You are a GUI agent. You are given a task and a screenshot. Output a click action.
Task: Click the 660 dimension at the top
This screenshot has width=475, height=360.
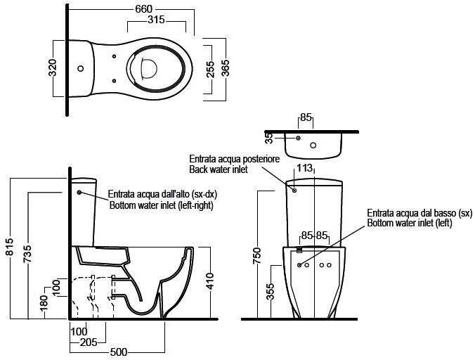click(x=143, y=9)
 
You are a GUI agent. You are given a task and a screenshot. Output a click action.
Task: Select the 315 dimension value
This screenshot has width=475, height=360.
click(x=156, y=20)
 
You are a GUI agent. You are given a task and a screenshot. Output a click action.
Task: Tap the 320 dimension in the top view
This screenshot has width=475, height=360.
click(x=53, y=67)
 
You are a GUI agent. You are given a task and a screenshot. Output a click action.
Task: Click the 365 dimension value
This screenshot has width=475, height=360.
click(x=225, y=68)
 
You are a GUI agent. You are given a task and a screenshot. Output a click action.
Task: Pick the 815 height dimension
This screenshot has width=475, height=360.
click(x=10, y=246)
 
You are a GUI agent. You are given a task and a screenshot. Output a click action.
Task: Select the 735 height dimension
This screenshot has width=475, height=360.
click(x=27, y=254)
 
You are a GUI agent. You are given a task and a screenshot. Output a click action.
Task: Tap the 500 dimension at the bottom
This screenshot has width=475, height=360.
click(x=119, y=352)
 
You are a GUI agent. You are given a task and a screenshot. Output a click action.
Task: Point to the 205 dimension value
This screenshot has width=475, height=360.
click(x=89, y=342)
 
